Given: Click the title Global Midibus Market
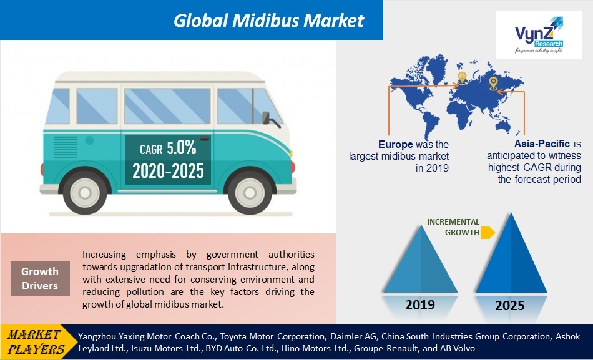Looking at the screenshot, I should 268,20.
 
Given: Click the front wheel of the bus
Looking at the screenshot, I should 250,192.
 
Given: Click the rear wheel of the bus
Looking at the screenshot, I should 85,192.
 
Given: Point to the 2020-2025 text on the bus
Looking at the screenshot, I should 168,170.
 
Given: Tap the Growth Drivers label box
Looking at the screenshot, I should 40,278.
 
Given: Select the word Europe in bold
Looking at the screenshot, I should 395,144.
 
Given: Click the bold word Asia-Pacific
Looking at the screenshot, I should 542,144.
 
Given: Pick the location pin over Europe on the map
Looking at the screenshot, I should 462,77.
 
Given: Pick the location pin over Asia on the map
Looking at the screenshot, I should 493,82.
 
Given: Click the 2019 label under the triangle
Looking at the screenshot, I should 420,305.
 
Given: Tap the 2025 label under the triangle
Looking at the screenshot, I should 510,305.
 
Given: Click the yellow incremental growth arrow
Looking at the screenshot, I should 488,233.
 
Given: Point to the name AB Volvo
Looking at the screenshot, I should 458,348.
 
